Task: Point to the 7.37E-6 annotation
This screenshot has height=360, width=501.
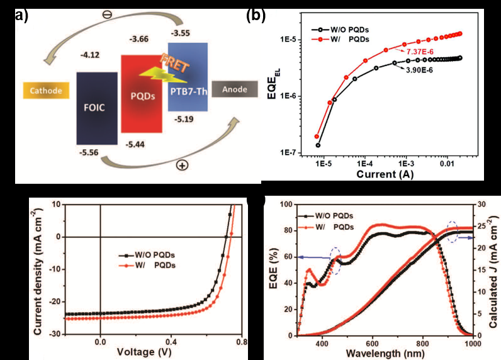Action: (436, 50)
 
